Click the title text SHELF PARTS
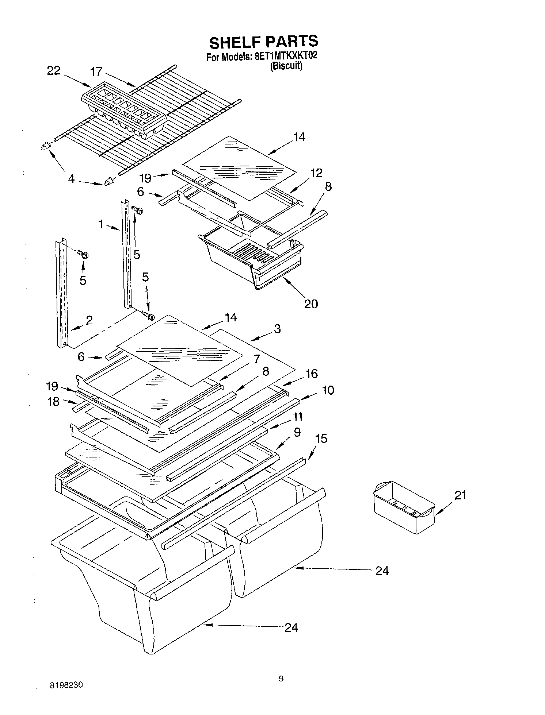click(x=263, y=42)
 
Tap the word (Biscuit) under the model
click(x=286, y=66)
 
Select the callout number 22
click(x=54, y=71)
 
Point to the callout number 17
click(x=96, y=71)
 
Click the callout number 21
click(x=460, y=495)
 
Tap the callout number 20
click(x=311, y=304)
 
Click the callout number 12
click(x=316, y=173)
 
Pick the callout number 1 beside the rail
click(x=101, y=224)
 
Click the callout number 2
click(x=89, y=320)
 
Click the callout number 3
click(x=277, y=329)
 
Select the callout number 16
click(x=312, y=374)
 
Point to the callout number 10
click(x=328, y=390)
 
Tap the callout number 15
click(x=321, y=438)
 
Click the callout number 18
click(x=53, y=402)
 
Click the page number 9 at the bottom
click(x=281, y=679)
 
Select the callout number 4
click(x=71, y=179)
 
